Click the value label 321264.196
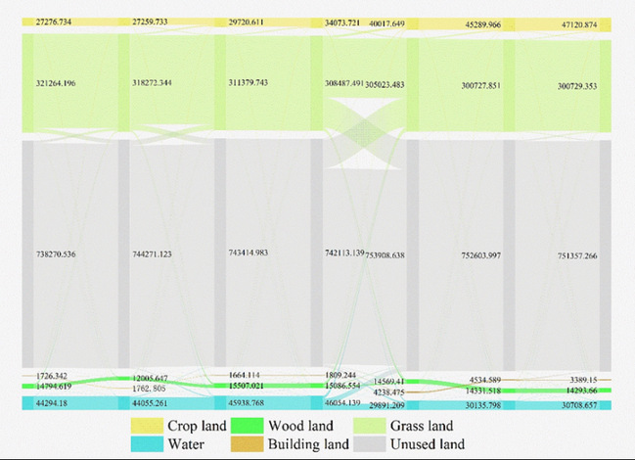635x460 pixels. [54, 83]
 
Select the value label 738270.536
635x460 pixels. [54, 253]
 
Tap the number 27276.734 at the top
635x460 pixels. [54, 21]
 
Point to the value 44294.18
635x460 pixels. [51, 403]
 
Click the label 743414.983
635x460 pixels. [247, 253]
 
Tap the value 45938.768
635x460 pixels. [247, 403]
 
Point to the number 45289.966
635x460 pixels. [481, 24]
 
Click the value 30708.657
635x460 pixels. [577, 405]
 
